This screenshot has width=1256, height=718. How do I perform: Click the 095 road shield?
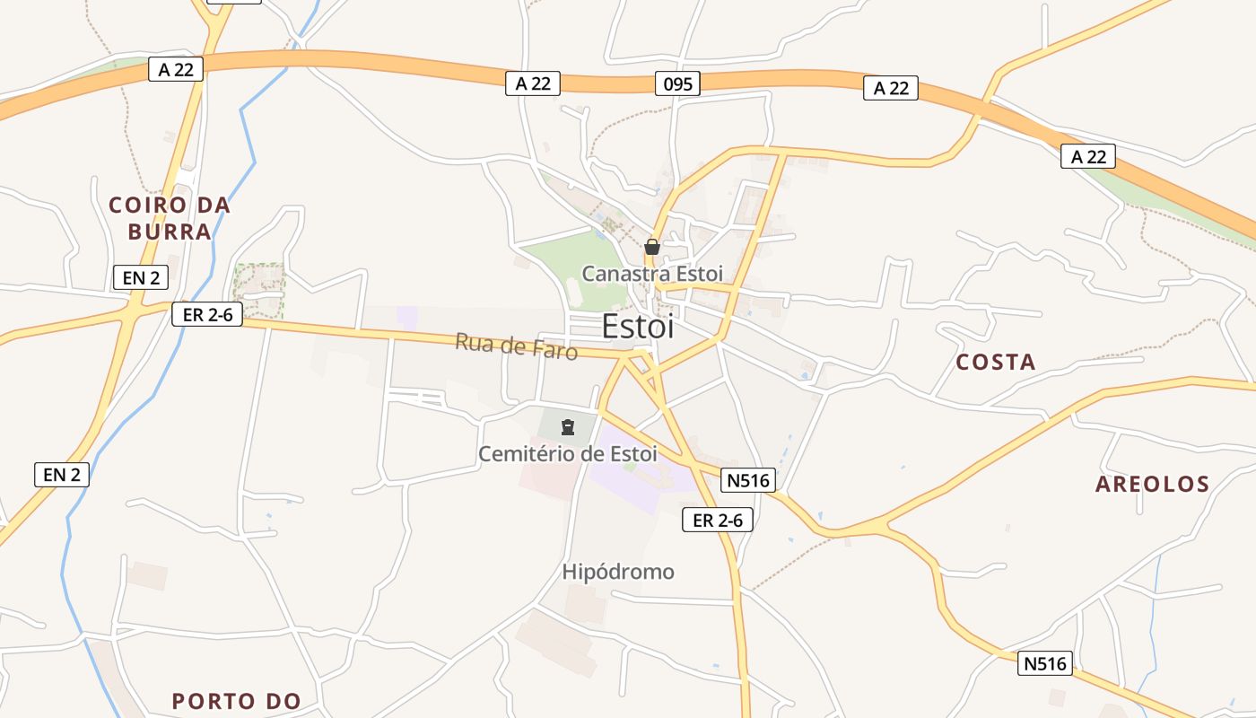coord(676,83)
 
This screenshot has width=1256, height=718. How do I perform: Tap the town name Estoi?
coord(637,327)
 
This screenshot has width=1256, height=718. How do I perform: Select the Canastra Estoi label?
coord(652,273)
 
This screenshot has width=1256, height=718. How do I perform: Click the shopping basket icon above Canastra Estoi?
coord(652,247)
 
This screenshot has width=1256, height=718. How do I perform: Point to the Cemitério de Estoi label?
coord(567,453)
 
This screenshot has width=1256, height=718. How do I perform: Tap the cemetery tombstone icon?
coord(567,427)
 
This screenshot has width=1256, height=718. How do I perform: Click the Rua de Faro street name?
coord(516,346)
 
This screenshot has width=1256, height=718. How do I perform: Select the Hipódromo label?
coord(618,572)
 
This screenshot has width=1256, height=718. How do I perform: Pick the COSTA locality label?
coord(996,362)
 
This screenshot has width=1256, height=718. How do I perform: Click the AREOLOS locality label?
coord(1153,485)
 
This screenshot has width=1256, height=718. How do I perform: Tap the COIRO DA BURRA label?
coord(170,218)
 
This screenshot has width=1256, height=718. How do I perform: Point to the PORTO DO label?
coord(237,701)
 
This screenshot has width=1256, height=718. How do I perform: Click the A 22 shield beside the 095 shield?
coord(533,83)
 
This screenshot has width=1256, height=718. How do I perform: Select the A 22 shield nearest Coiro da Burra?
coord(176,69)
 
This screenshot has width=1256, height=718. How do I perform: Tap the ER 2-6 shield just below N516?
coord(718,520)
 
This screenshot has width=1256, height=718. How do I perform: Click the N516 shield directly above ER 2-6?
coord(748,480)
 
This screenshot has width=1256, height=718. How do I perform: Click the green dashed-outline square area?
coord(259,289)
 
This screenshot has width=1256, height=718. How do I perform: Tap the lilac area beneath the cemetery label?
coord(641,480)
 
